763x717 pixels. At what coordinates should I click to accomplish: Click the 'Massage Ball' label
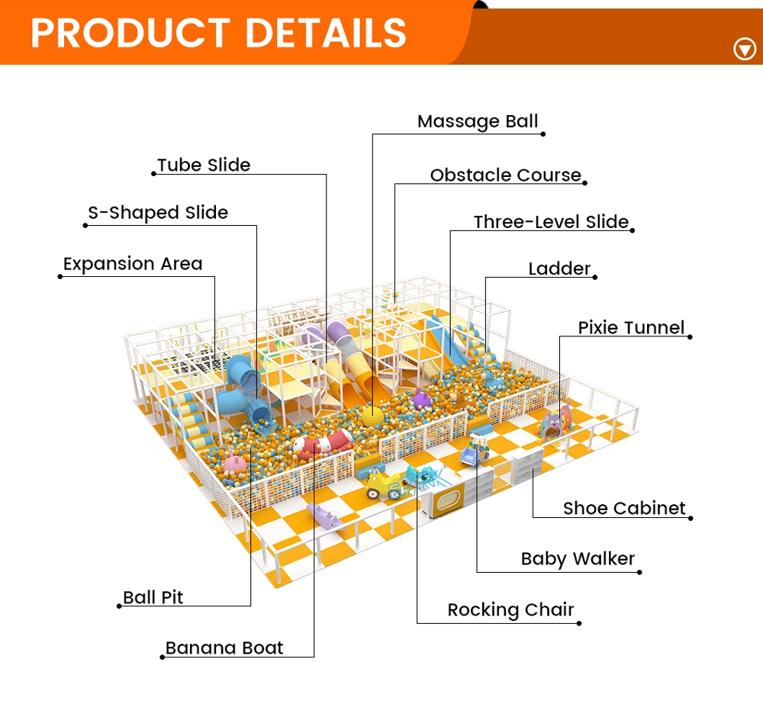(x=478, y=122)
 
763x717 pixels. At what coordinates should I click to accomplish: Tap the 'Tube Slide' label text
(x=204, y=166)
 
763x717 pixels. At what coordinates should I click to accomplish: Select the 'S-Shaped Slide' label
(x=158, y=213)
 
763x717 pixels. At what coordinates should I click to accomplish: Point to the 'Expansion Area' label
(x=133, y=265)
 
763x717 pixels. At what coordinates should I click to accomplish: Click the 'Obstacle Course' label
(x=505, y=175)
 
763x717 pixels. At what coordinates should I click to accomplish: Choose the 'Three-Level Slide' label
(x=551, y=223)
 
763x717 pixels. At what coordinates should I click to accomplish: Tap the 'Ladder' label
(x=559, y=269)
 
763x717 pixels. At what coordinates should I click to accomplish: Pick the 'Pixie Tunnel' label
(x=631, y=328)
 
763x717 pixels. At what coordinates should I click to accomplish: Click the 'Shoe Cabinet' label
(x=624, y=509)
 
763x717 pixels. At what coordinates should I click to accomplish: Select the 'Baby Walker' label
(x=578, y=559)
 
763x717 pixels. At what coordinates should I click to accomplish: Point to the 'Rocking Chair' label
(x=510, y=610)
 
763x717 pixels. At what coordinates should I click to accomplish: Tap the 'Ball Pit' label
(x=153, y=597)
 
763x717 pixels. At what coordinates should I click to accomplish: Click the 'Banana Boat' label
(x=224, y=648)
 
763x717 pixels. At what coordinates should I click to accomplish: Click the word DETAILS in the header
(x=326, y=33)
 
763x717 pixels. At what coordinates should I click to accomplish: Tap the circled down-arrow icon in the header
(x=744, y=50)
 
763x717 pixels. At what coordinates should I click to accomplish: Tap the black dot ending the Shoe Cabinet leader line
(x=691, y=519)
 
